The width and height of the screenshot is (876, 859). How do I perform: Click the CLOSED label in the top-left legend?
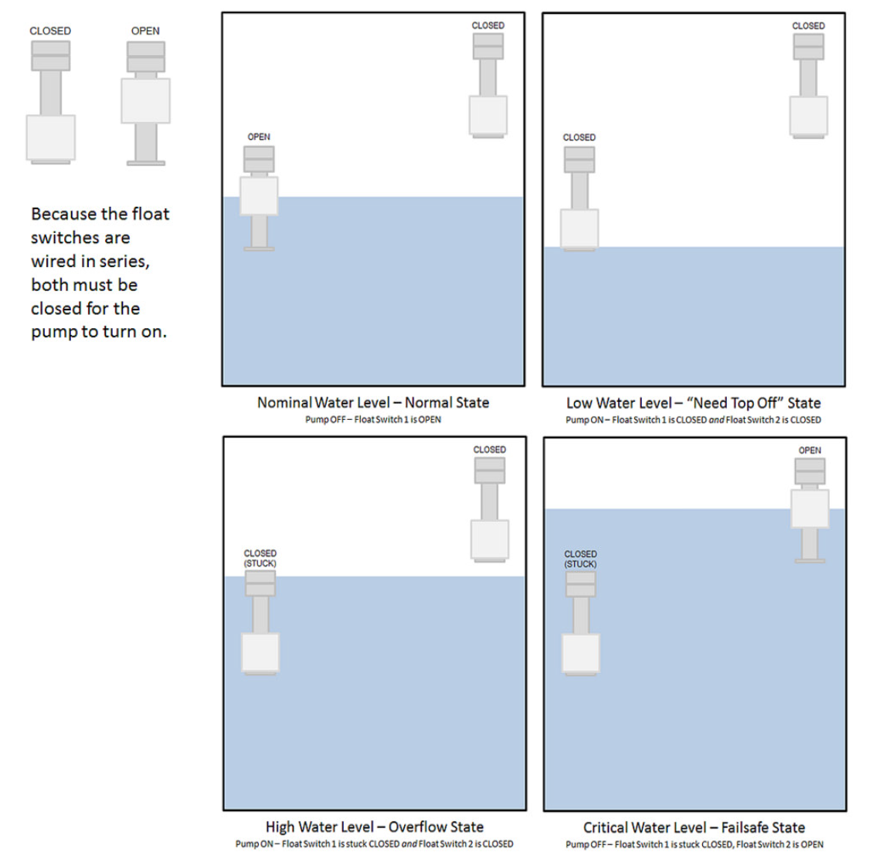coord(50,31)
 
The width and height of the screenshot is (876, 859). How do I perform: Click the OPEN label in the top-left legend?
coord(145,31)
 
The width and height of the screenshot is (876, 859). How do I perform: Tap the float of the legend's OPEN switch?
coord(145,101)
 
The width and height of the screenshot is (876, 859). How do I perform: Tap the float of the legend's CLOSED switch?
coord(51,137)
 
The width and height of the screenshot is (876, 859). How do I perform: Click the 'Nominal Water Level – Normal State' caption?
coord(373,402)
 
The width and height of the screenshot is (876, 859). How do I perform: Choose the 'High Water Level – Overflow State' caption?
coord(375,827)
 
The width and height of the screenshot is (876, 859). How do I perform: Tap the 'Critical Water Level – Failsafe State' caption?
coord(694,827)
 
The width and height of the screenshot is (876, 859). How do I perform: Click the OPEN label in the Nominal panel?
coord(259,137)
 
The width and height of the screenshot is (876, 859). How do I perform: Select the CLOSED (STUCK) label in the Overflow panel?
coord(260,558)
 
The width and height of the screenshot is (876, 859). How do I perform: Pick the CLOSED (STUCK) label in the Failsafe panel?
coord(580,559)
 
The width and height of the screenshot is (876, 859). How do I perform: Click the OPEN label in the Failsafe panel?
coord(810,450)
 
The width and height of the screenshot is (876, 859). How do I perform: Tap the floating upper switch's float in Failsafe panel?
coord(810,509)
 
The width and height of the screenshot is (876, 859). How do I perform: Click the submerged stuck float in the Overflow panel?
coord(260,653)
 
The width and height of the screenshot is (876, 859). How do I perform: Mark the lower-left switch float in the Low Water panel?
coord(579,228)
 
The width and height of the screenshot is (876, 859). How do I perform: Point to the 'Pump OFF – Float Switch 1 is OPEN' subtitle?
coord(373,420)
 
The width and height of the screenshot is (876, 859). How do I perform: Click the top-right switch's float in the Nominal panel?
coord(488,115)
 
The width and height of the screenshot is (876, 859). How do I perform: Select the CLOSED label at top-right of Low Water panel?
coord(808,25)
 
